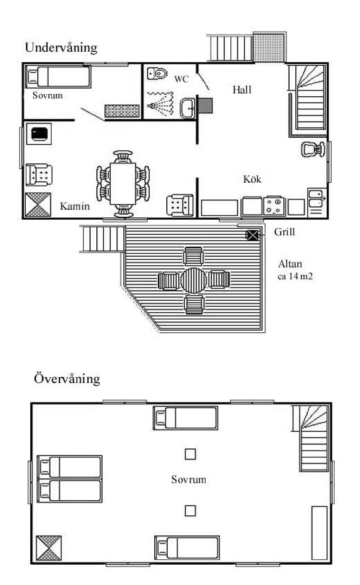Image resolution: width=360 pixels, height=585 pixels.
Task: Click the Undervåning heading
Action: pyautogui.click(x=61, y=48)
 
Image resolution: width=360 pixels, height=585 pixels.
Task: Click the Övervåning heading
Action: pyautogui.click(x=67, y=379)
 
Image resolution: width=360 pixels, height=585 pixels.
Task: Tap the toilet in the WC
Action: pyautogui.click(x=157, y=73)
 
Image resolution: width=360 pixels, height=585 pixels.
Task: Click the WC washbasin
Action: pyautogui.click(x=187, y=108)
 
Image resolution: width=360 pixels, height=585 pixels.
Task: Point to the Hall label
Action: pyautogui.click(x=242, y=90)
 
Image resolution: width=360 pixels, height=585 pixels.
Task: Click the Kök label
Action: pyautogui.click(x=252, y=179)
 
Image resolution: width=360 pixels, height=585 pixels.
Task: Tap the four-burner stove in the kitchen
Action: pyautogui.click(x=273, y=206)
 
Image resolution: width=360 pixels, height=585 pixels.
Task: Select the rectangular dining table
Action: pyautogui.click(x=123, y=184)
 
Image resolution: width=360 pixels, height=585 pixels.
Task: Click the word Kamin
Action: pyautogui.click(x=75, y=206)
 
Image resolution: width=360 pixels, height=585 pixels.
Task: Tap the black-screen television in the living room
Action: pyautogui.click(x=39, y=134)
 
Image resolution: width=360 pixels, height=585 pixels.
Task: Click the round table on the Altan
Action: pyautogui.click(x=194, y=280)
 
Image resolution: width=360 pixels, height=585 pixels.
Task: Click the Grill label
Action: pyautogui.click(x=284, y=232)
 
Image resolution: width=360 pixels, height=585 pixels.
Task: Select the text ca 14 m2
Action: pyautogui.click(x=295, y=276)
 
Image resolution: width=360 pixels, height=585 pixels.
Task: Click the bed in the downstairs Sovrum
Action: pyautogui.click(x=58, y=77)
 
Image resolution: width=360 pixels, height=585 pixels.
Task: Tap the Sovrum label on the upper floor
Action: pyautogui.click(x=189, y=479)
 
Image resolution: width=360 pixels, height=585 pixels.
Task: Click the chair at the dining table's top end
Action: pyautogui.click(x=123, y=157)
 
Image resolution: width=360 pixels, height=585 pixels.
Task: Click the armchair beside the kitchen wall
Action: pyautogui.click(x=180, y=205)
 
